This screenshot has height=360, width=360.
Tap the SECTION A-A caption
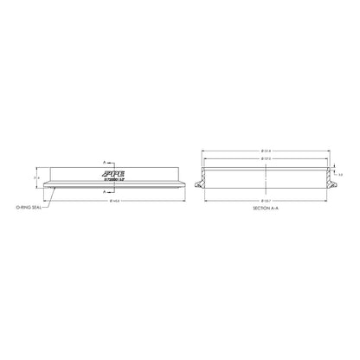(265, 209)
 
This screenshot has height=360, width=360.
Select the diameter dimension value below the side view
(114, 200)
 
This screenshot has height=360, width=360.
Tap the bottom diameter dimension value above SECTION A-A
(265, 200)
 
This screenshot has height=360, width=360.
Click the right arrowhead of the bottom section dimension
(328, 200)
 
